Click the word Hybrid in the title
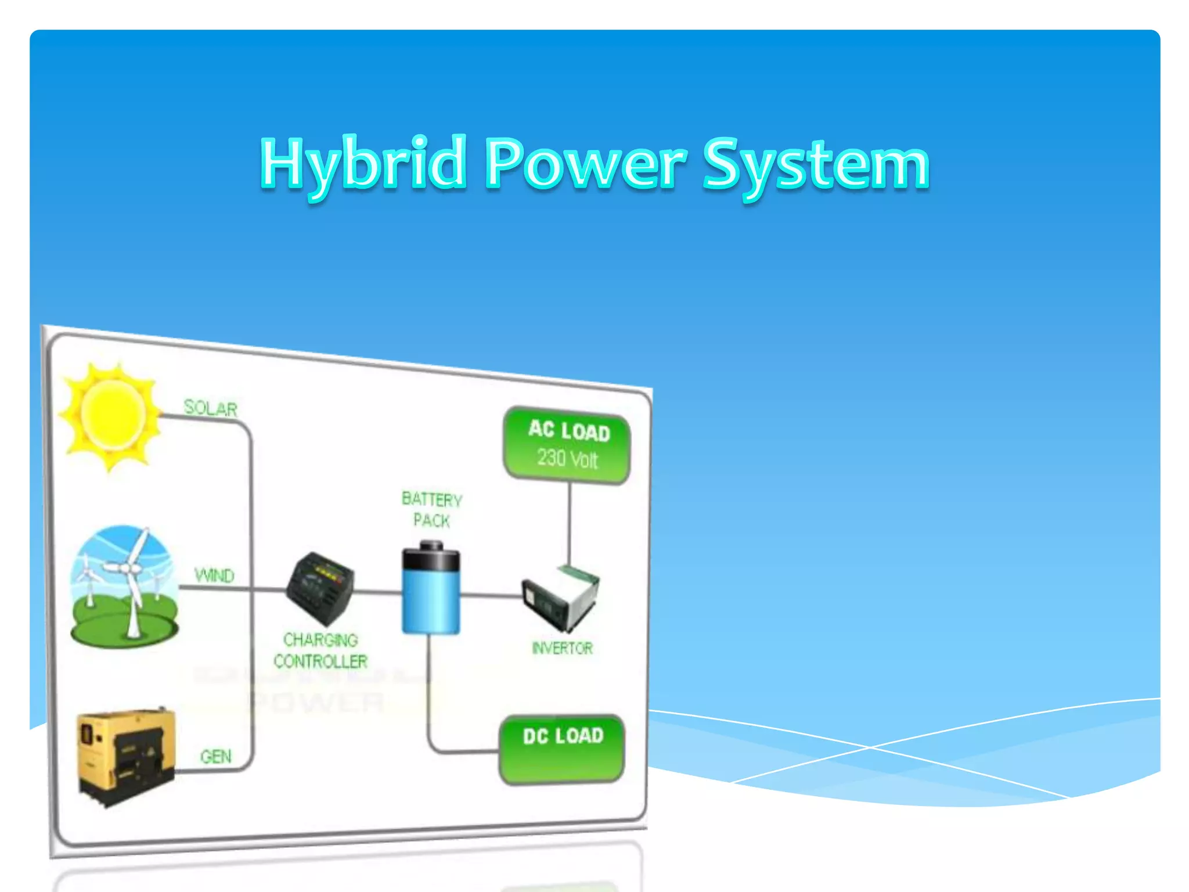(x=363, y=164)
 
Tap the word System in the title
(x=816, y=166)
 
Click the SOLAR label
(x=210, y=408)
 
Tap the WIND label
(x=214, y=576)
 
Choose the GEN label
(x=215, y=756)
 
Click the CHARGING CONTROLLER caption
(x=320, y=651)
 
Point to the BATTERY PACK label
(x=431, y=509)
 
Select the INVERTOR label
(x=562, y=648)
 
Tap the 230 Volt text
(x=567, y=459)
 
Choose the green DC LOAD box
(x=561, y=749)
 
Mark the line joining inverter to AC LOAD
(x=569, y=523)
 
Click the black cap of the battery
(x=431, y=556)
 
